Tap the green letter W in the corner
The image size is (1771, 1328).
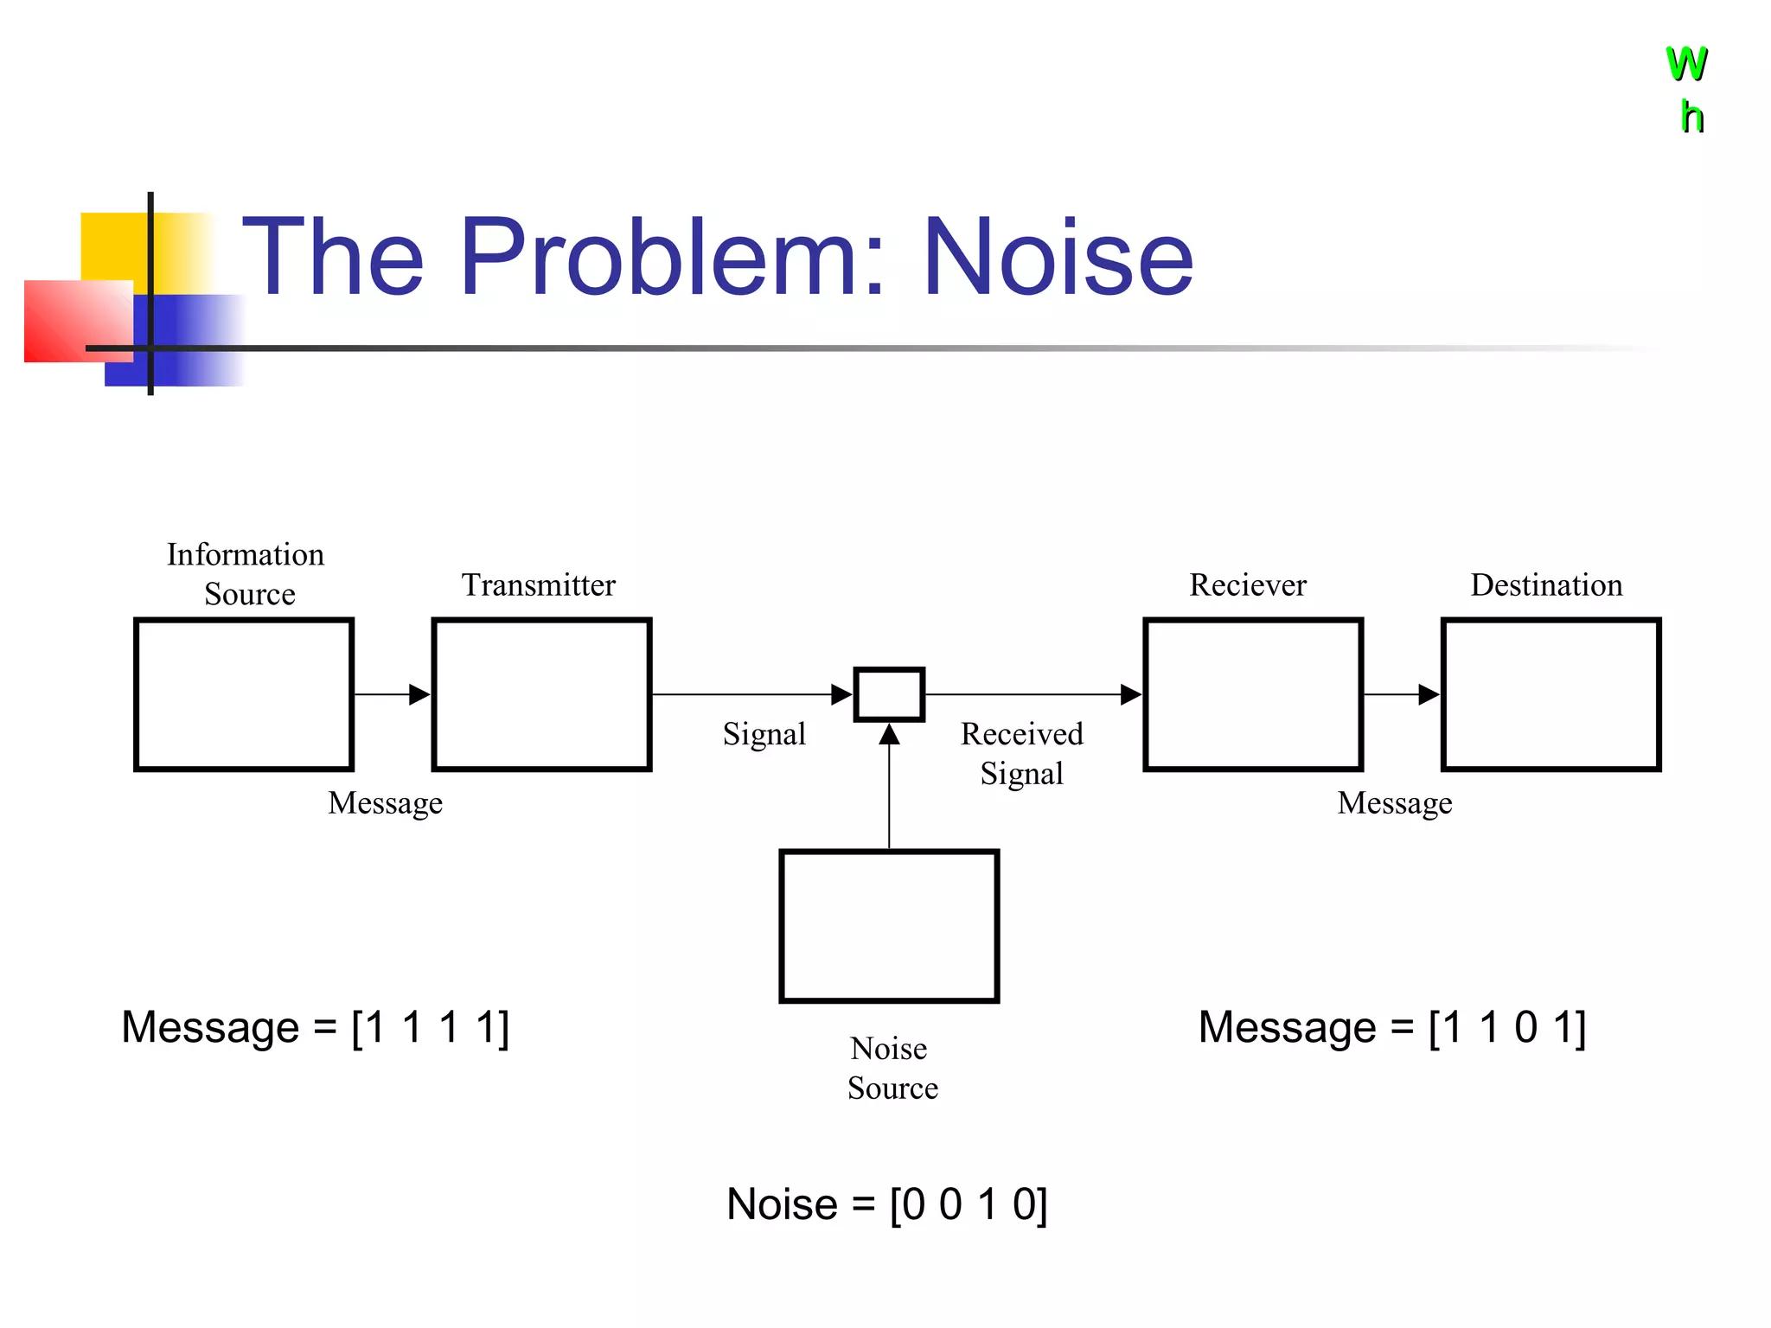(1686, 64)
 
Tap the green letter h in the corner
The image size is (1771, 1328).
(1691, 118)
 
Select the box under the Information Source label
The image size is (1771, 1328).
(244, 694)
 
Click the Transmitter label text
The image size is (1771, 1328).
(538, 585)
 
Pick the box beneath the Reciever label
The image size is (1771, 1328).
(1253, 694)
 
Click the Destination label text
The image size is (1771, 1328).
(1546, 585)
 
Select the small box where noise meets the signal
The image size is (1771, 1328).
(889, 694)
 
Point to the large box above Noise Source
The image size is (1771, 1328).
(889, 926)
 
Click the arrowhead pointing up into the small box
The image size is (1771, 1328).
(889, 735)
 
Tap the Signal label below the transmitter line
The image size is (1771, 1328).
(764, 734)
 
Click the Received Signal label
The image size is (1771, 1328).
(1021, 753)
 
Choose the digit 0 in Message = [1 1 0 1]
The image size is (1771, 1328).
(1526, 1027)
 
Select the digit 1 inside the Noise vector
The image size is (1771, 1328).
(988, 1204)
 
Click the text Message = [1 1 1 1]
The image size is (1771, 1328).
(316, 1027)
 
